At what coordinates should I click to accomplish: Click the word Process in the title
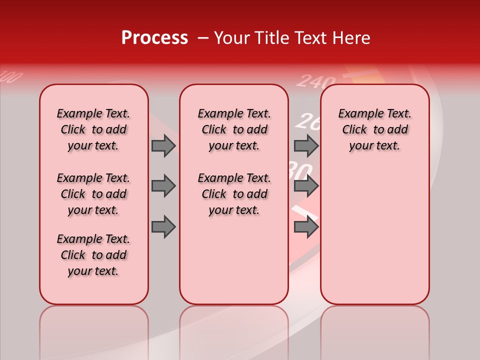coord(154,38)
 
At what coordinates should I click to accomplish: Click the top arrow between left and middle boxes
coord(163,145)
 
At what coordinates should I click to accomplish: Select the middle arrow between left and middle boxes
coord(163,186)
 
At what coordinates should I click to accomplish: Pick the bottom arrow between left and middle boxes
coord(163,227)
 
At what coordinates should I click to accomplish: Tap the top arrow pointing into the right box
coord(306,145)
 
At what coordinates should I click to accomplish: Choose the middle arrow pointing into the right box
coord(306,186)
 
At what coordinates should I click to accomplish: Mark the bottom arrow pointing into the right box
coord(306,227)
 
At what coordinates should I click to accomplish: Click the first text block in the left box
coord(93,129)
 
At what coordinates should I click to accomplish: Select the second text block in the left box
coord(93,194)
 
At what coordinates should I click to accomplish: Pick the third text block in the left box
coord(93,255)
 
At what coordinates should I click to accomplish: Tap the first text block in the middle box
coord(234,129)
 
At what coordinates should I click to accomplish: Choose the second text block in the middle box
coord(234,194)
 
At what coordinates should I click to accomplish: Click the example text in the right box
coord(374,129)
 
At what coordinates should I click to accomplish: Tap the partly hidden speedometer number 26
coord(306,121)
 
